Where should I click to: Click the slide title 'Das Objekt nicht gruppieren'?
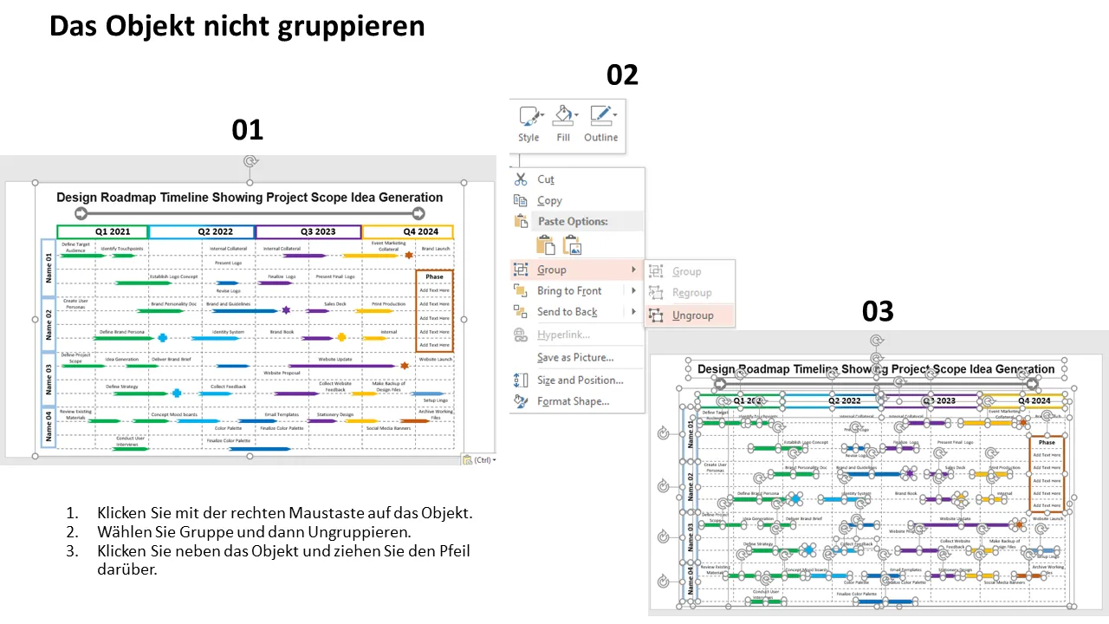point(237,26)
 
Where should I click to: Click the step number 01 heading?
point(247,130)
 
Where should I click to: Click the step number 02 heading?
point(622,75)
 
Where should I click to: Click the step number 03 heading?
point(878,311)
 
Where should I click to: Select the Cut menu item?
point(546,179)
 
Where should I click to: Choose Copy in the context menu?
point(549,200)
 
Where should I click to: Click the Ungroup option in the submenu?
point(692,315)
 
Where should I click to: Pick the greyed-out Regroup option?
point(691,293)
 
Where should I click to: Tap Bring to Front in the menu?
point(569,291)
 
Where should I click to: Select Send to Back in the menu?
point(567,312)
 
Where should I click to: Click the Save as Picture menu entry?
point(575,357)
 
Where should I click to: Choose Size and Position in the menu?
point(580,380)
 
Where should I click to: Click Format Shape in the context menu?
point(573,401)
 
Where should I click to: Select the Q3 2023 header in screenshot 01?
point(308,232)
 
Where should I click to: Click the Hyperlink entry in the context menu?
point(563,335)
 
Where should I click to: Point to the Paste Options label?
point(573,222)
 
